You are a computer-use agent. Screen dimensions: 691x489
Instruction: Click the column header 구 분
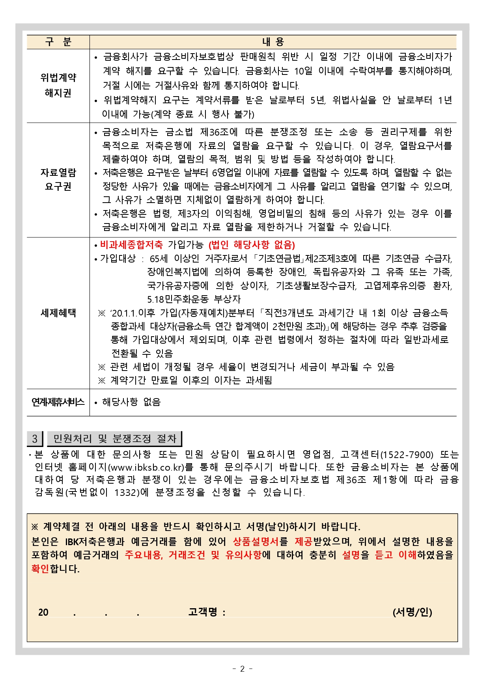[58, 42]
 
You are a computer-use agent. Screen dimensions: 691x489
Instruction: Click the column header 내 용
[273, 42]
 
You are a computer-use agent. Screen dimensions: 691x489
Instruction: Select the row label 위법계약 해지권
[58, 85]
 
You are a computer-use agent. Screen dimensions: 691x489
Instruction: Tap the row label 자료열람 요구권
[58, 179]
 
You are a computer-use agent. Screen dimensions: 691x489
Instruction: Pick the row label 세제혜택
[58, 313]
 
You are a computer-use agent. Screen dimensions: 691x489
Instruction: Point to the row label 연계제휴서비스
[58, 402]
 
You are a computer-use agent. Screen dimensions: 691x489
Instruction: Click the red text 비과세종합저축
[131, 245]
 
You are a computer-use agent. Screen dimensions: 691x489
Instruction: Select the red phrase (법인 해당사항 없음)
[252, 245]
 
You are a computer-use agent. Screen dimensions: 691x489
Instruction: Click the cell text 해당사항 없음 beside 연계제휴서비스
[131, 402]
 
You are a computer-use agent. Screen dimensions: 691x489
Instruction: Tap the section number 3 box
[35, 439]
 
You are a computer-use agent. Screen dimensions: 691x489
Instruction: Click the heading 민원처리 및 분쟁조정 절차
[114, 439]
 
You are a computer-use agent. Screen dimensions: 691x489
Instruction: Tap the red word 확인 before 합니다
[40, 569]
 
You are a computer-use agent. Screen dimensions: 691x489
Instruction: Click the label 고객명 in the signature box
[203, 612]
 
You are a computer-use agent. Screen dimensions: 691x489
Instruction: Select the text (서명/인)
[412, 612]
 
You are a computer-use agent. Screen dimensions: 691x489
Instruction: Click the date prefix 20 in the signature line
[43, 613]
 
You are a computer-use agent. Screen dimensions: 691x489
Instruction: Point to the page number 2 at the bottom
[242, 669]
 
